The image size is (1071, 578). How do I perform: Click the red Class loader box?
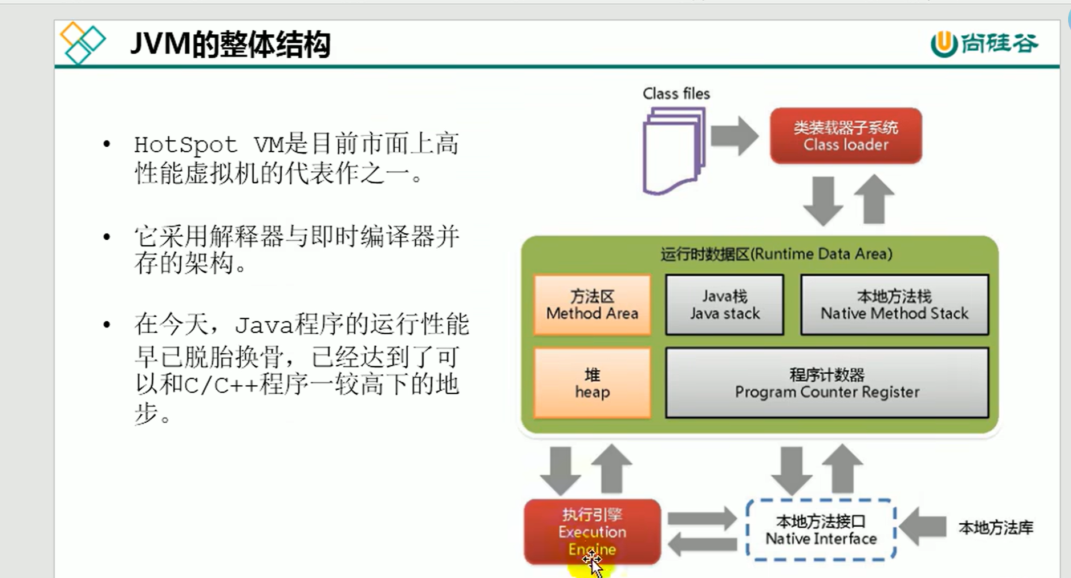(846, 136)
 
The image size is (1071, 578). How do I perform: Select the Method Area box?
(592, 305)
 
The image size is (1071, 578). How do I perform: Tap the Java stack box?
(724, 305)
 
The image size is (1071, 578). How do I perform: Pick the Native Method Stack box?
(894, 305)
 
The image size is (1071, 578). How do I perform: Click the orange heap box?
(592, 383)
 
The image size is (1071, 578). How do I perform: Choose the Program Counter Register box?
(827, 383)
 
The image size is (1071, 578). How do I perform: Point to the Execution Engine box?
(592, 531)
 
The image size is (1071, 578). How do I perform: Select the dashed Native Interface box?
(821, 530)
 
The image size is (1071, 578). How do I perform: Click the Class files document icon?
(673, 151)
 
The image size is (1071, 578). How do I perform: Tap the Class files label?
(676, 94)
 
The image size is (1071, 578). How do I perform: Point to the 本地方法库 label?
(996, 528)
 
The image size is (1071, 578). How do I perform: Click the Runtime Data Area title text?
(776, 254)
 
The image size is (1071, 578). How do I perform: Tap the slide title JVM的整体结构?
(230, 44)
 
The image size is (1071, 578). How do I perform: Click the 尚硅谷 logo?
(985, 43)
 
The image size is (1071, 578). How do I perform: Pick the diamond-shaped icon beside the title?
(83, 43)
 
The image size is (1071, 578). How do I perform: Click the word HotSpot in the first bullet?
(185, 145)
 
